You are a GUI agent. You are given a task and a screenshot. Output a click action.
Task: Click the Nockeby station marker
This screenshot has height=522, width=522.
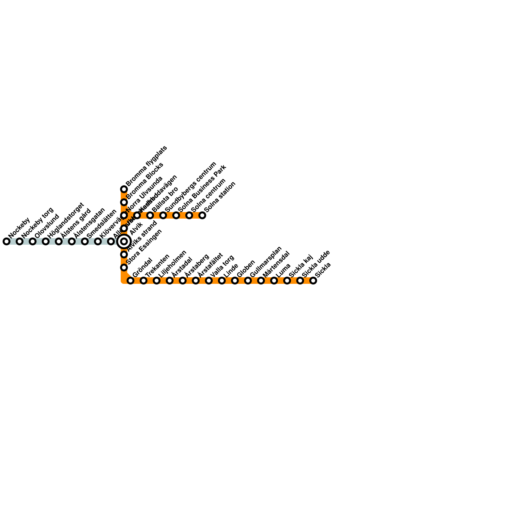7,241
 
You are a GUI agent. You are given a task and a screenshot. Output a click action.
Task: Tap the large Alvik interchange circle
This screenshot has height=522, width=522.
124,241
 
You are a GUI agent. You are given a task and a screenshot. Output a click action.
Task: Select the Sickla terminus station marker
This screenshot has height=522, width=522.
313,281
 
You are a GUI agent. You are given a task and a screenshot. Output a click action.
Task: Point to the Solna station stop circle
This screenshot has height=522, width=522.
202,215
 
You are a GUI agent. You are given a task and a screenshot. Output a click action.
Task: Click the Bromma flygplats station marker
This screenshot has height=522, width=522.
124,189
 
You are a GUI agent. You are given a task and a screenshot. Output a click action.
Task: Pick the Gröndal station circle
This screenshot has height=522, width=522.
130,281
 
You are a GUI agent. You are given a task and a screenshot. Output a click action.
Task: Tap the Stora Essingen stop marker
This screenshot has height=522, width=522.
124,268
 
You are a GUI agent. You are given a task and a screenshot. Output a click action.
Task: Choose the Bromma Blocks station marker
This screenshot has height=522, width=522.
124,202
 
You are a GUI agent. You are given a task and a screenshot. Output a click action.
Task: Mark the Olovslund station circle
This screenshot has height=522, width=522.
33,241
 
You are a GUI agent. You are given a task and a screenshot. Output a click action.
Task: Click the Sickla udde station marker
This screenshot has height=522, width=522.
300,281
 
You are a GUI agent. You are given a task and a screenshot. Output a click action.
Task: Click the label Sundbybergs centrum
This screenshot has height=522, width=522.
191,187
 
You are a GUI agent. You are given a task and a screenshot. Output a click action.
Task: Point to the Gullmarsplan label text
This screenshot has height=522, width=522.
266,262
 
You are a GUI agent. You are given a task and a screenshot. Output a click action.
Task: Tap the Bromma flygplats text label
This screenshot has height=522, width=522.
146,166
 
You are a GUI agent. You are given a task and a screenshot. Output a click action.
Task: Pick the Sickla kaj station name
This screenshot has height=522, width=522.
301,266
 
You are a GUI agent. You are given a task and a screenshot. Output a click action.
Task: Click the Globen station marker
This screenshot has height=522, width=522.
235,281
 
